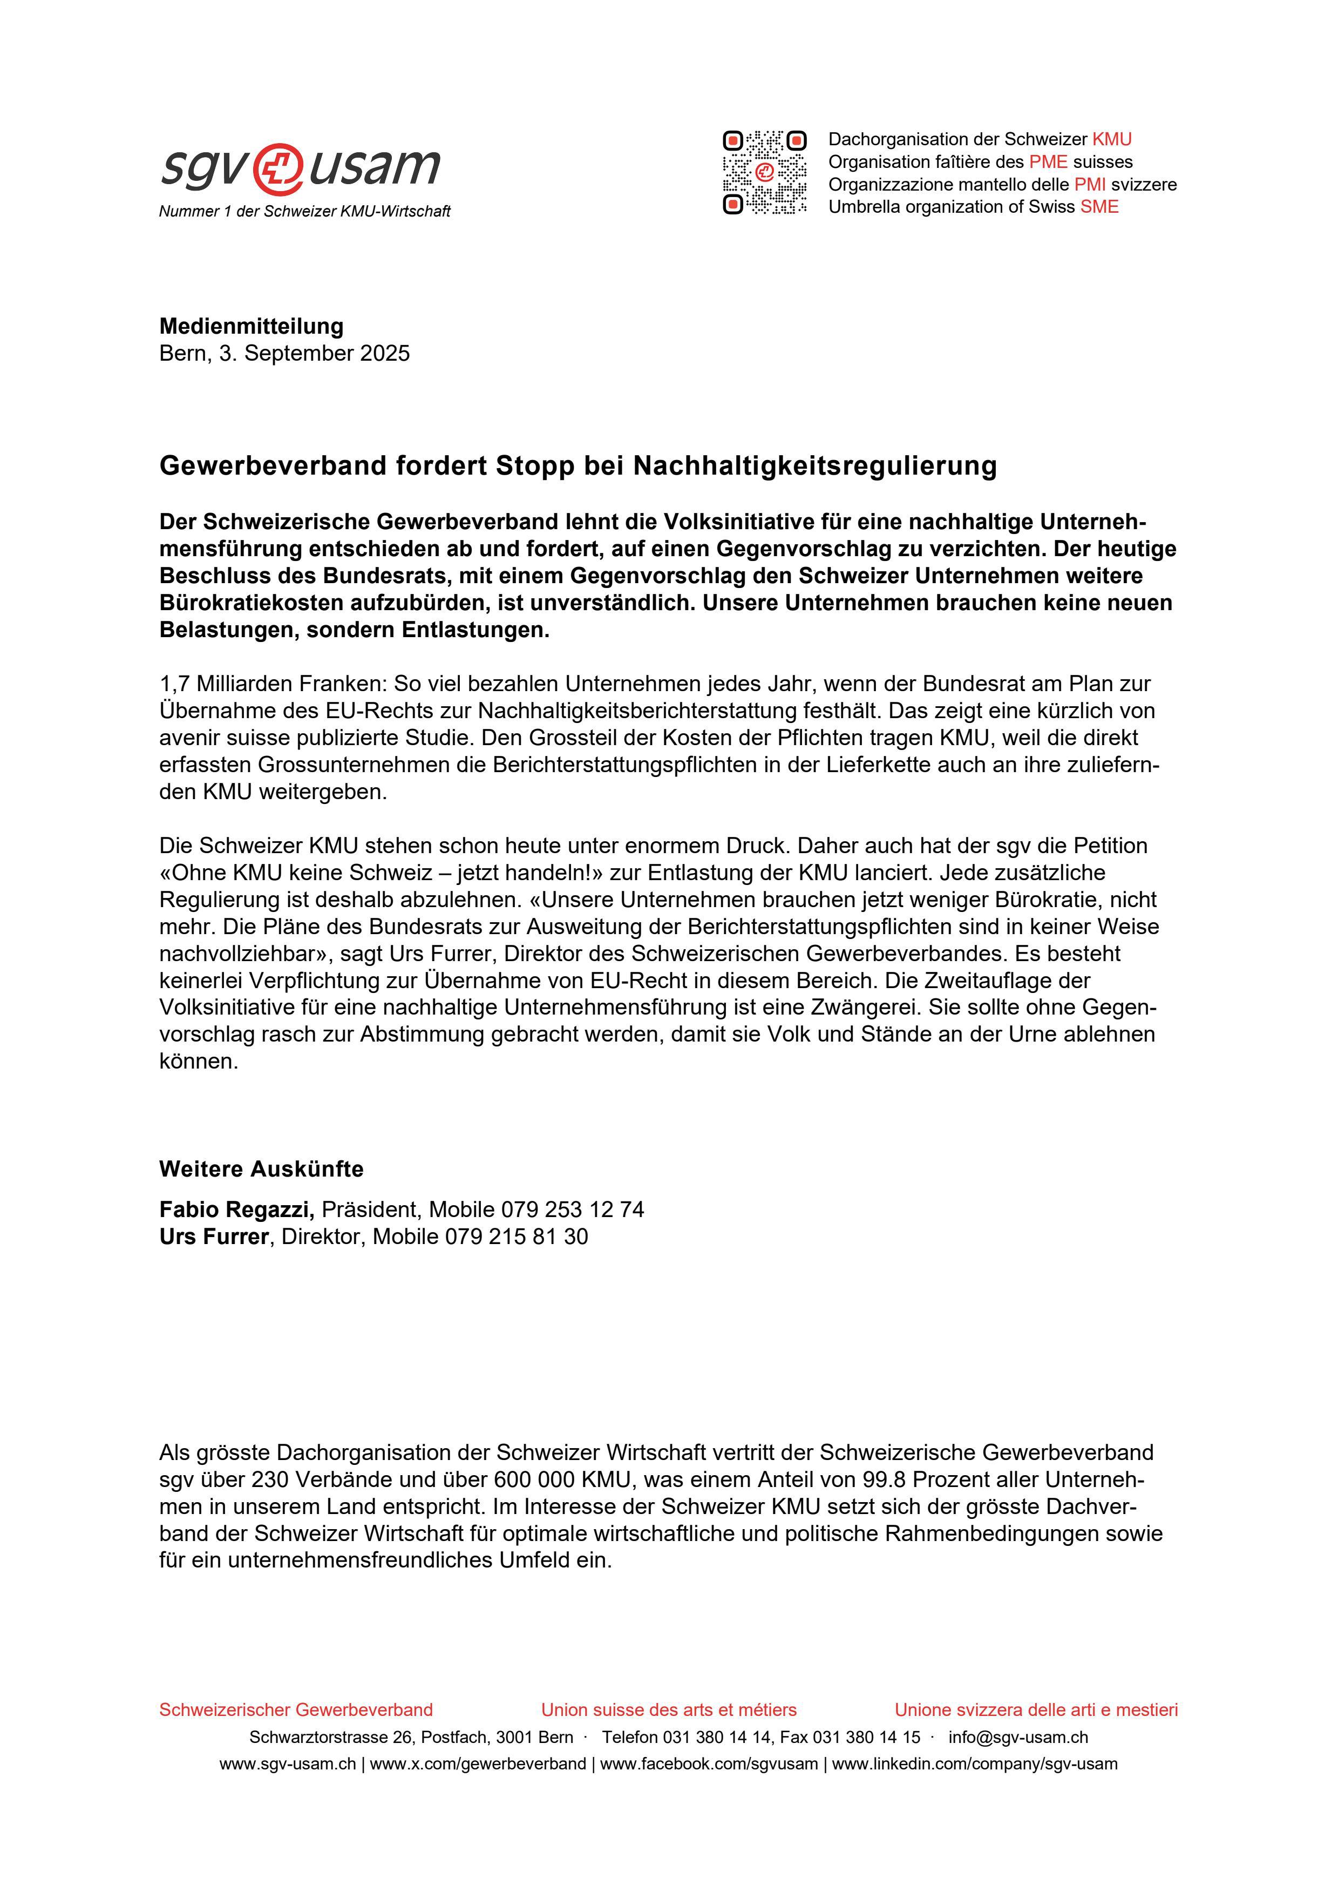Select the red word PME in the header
tap(1048, 161)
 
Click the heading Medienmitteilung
tap(252, 326)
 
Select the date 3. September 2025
tap(314, 354)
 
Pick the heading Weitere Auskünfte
tap(261, 1170)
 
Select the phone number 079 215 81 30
tap(517, 1237)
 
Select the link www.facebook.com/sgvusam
tap(709, 1764)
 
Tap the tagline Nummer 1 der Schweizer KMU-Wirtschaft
tap(305, 212)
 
